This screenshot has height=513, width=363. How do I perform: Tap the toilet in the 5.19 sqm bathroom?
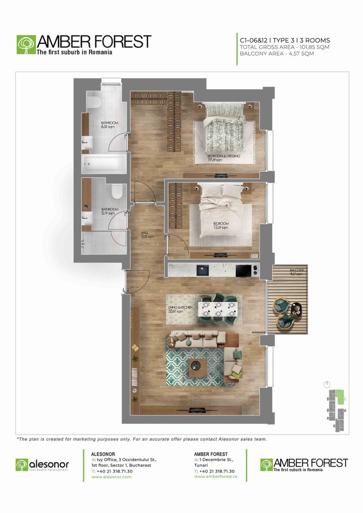(x=117, y=191)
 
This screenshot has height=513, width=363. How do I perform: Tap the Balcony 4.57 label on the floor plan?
(x=298, y=272)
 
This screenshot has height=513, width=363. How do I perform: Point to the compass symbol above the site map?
(x=327, y=384)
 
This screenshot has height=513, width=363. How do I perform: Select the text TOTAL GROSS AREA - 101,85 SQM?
(x=278, y=47)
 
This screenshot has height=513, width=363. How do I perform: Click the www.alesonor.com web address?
(x=111, y=476)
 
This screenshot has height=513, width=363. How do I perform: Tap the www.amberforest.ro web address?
(x=216, y=476)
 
